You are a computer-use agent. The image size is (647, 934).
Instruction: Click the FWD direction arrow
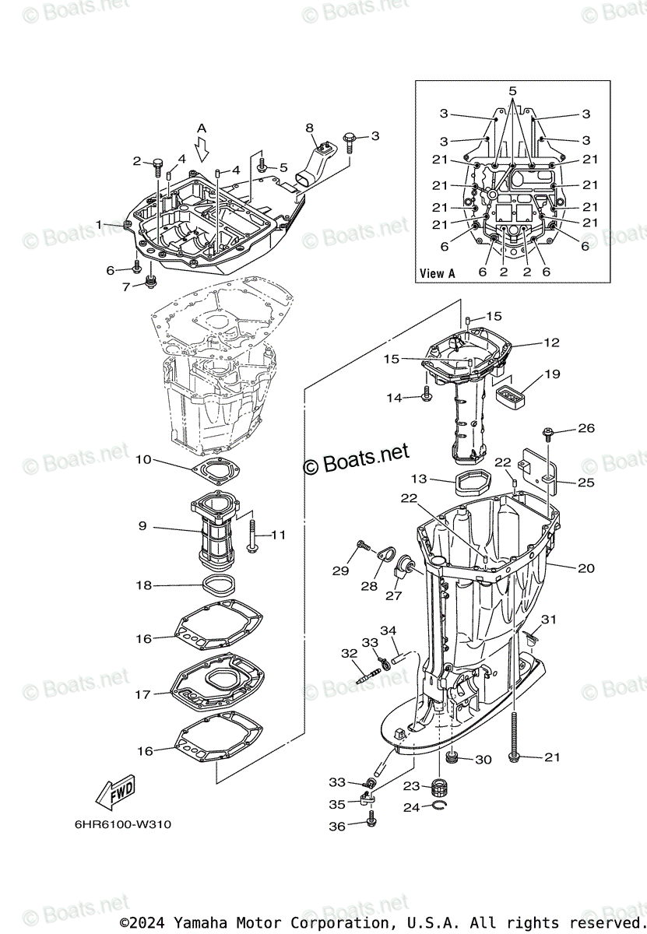pos(115,792)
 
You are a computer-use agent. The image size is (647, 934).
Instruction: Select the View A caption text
pos(437,273)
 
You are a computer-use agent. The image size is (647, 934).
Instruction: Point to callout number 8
pos(309,128)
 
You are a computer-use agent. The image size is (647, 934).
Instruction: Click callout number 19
pos(551,374)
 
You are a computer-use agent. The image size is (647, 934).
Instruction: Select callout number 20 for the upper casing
pos(585,568)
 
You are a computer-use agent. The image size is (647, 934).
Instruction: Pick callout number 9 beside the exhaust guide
pos(142,526)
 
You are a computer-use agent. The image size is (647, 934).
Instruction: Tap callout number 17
pos(142,694)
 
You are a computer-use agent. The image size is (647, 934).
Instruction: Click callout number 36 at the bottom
pos(336,827)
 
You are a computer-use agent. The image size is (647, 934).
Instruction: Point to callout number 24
pos(411,808)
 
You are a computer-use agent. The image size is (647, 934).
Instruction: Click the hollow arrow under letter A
pos(202,148)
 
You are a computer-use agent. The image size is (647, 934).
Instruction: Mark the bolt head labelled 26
pos(548,430)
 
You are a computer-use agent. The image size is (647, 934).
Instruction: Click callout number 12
pos(551,342)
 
